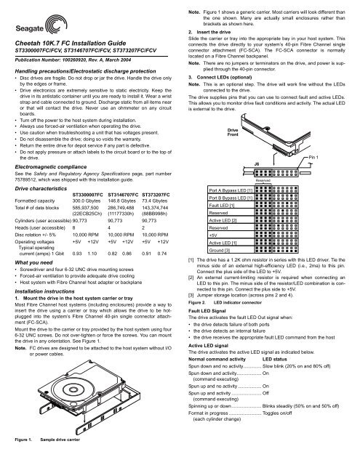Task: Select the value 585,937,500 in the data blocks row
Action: pyautogui.click(x=89, y=208)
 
